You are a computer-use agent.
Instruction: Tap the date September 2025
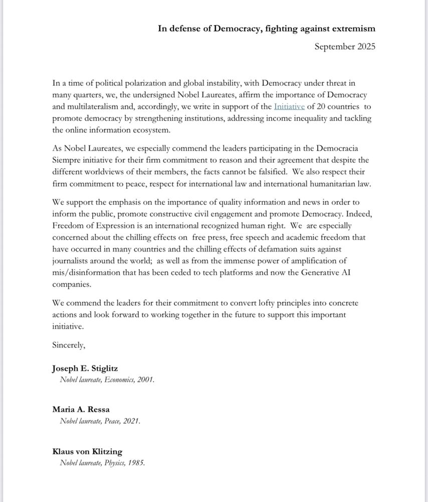(x=345, y=47)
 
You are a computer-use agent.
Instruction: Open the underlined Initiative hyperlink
(x=289, y=106)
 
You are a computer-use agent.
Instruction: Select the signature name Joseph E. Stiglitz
(x=86, y=369)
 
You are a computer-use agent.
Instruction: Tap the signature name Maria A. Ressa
(x=81, y=409)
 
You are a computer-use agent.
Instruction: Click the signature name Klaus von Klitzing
(x=87, y=451)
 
